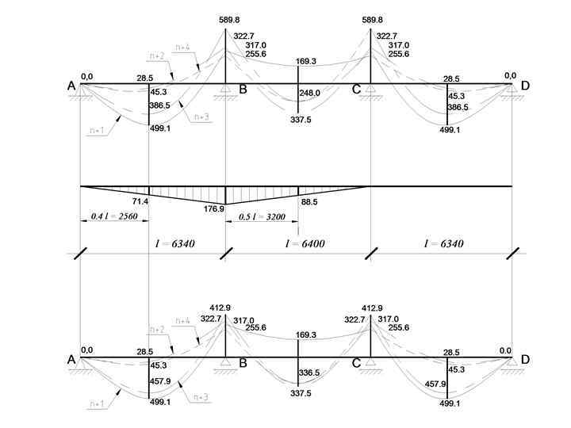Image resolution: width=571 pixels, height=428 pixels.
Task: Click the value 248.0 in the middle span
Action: tap(310, 93)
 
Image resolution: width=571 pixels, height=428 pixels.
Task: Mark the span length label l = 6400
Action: tap(297, 244)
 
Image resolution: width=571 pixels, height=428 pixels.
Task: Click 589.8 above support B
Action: tap(226, 20)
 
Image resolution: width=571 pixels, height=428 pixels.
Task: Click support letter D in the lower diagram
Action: tap(524, 360)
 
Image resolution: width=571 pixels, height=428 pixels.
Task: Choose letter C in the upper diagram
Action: tap(357, 89)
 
